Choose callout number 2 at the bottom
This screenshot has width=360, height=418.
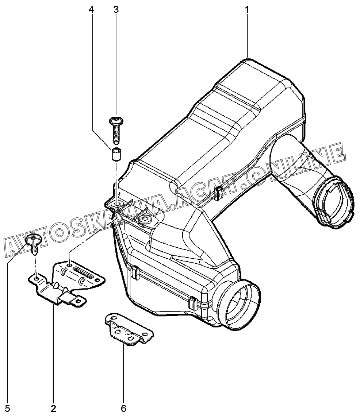tap(53, 408)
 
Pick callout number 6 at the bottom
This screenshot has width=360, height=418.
tap(123, 408)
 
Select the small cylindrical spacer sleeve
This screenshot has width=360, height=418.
tap(116, 154)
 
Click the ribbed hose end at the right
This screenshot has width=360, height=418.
tap(335, 202)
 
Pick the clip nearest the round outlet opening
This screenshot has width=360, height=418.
tap(192, 302)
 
